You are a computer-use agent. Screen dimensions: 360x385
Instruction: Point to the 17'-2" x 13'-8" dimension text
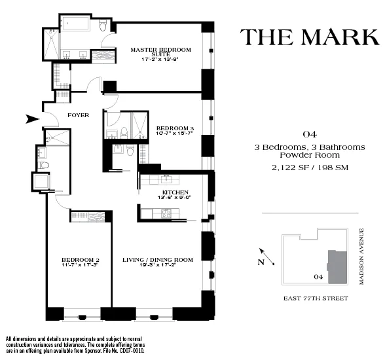tap(160, 59)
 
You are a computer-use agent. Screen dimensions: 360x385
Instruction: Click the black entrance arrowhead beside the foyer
tap(30, 118)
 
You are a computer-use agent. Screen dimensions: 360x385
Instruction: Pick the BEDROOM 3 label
tap(175, 128)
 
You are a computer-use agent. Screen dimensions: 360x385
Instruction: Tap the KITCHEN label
tap(175, 192)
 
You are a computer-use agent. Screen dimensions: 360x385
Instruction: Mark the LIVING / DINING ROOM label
tap(158, 260)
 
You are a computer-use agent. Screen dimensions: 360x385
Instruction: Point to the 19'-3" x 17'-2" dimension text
tap(158, 266)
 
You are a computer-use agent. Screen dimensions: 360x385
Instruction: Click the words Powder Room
tap(310, 156)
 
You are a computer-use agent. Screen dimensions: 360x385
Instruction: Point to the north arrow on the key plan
tap(263, 255)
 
